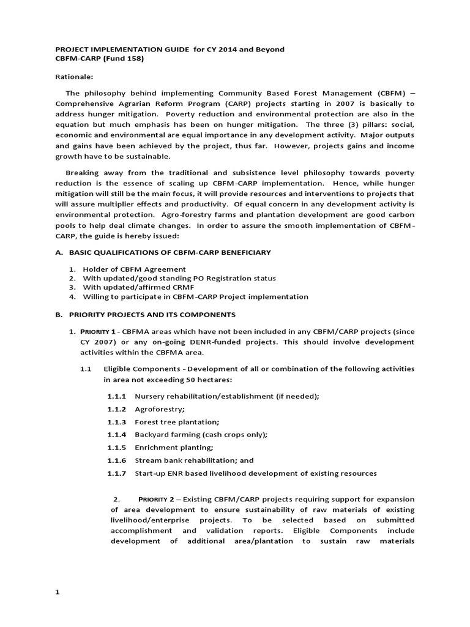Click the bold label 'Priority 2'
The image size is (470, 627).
tap(159, 500)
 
